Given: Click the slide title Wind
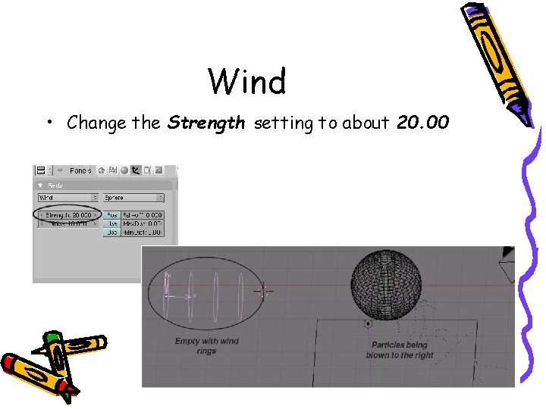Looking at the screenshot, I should [247, 81].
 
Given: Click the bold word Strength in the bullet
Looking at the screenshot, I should [206, 123].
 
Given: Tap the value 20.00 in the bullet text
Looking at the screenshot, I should [423, 123].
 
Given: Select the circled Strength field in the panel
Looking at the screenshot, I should [68, 215].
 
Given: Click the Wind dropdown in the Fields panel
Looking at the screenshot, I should [68, 198].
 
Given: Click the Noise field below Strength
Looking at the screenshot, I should [69, 224].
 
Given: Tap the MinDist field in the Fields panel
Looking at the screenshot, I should [143, 233].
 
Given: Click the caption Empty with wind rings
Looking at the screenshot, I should [206, 346].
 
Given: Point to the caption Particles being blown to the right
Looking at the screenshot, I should [400, 350].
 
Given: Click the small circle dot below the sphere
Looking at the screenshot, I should [368, 324].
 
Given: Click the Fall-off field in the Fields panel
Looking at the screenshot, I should [143, 215].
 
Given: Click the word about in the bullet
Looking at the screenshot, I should [366, 123].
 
